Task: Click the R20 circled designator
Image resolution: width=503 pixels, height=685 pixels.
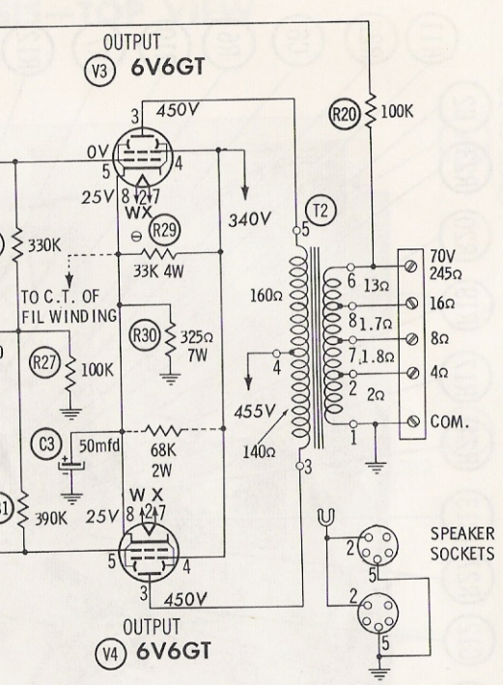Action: point(344,114)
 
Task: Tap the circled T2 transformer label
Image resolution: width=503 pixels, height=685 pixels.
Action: point(321,211)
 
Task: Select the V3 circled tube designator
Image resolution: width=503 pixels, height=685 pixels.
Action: point(100,71)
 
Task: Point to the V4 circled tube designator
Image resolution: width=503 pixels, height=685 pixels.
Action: point(110,654)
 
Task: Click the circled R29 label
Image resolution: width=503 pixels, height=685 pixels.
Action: point(165,229)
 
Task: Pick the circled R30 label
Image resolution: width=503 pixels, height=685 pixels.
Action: point(145,336)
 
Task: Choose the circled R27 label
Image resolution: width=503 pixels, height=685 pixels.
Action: point(44,362)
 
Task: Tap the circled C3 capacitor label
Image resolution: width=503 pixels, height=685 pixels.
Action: point(46,444)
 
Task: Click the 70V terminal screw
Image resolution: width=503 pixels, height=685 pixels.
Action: point(411,266)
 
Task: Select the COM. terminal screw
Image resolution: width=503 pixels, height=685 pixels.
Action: point(413,421)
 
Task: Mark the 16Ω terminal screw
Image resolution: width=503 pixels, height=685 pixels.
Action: point(411,302)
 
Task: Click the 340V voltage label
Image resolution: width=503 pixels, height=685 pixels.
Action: point(249,219)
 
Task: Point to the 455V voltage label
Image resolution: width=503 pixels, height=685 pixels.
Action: point(255,412)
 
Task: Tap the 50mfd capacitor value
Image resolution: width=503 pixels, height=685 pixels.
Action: point(99,445)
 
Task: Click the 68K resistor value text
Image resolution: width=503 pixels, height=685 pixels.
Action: point(163,450)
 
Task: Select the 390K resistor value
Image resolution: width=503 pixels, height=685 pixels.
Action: point(51,519)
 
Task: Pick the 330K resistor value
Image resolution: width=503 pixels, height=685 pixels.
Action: point(45,246)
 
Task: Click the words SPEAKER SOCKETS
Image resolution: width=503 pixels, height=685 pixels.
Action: point(462,544)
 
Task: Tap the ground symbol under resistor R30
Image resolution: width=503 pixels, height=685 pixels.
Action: point(171,379)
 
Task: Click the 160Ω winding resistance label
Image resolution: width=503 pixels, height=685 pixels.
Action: point(265,296)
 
